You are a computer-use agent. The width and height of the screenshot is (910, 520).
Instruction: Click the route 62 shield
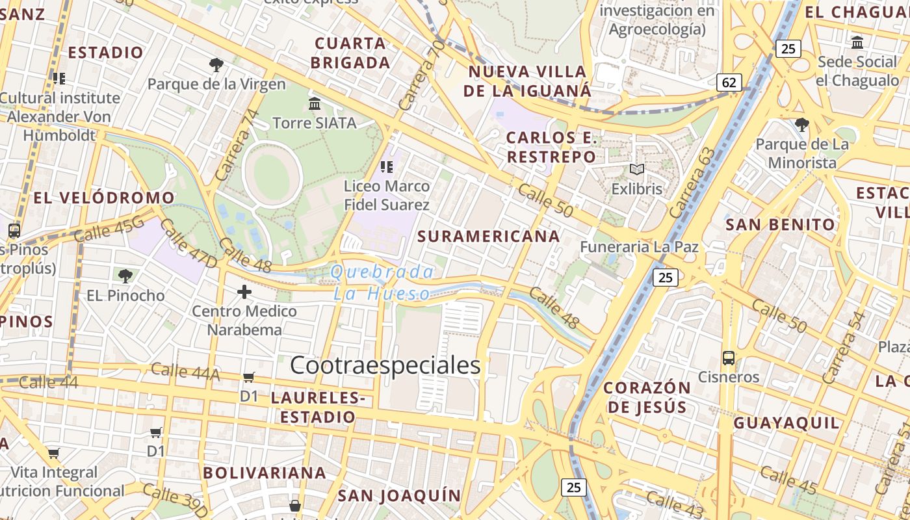point(729,83)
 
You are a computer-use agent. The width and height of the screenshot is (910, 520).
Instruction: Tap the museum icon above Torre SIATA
point(315,103)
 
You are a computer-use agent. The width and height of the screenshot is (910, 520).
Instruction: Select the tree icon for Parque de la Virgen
point(216,65)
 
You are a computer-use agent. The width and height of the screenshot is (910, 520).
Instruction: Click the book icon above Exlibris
point(637,170)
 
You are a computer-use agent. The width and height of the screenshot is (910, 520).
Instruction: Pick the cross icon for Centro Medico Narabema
point(244,292)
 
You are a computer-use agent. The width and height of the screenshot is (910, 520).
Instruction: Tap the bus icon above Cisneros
point(729,357)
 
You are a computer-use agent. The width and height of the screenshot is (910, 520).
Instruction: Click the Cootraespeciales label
point(385,365)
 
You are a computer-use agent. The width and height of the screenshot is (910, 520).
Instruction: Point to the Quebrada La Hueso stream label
point(382,283)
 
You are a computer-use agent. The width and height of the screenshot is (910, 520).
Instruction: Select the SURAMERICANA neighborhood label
point(489,236)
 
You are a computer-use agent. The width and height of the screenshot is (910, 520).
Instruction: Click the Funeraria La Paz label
point(639,247)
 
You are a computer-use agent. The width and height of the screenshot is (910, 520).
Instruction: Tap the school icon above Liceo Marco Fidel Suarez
point(387,167)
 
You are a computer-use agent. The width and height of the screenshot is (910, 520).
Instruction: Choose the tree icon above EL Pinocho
point(125,276)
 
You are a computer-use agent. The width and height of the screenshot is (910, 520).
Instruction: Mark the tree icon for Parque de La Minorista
point(801,125)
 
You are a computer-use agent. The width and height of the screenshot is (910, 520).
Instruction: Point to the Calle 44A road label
point(185,372)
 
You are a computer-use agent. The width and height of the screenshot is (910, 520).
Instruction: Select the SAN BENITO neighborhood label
point(780,225)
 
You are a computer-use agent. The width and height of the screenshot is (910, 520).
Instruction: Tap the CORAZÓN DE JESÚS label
point(647,397)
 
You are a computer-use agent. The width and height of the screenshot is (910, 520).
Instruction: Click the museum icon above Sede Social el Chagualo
point(857,43)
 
